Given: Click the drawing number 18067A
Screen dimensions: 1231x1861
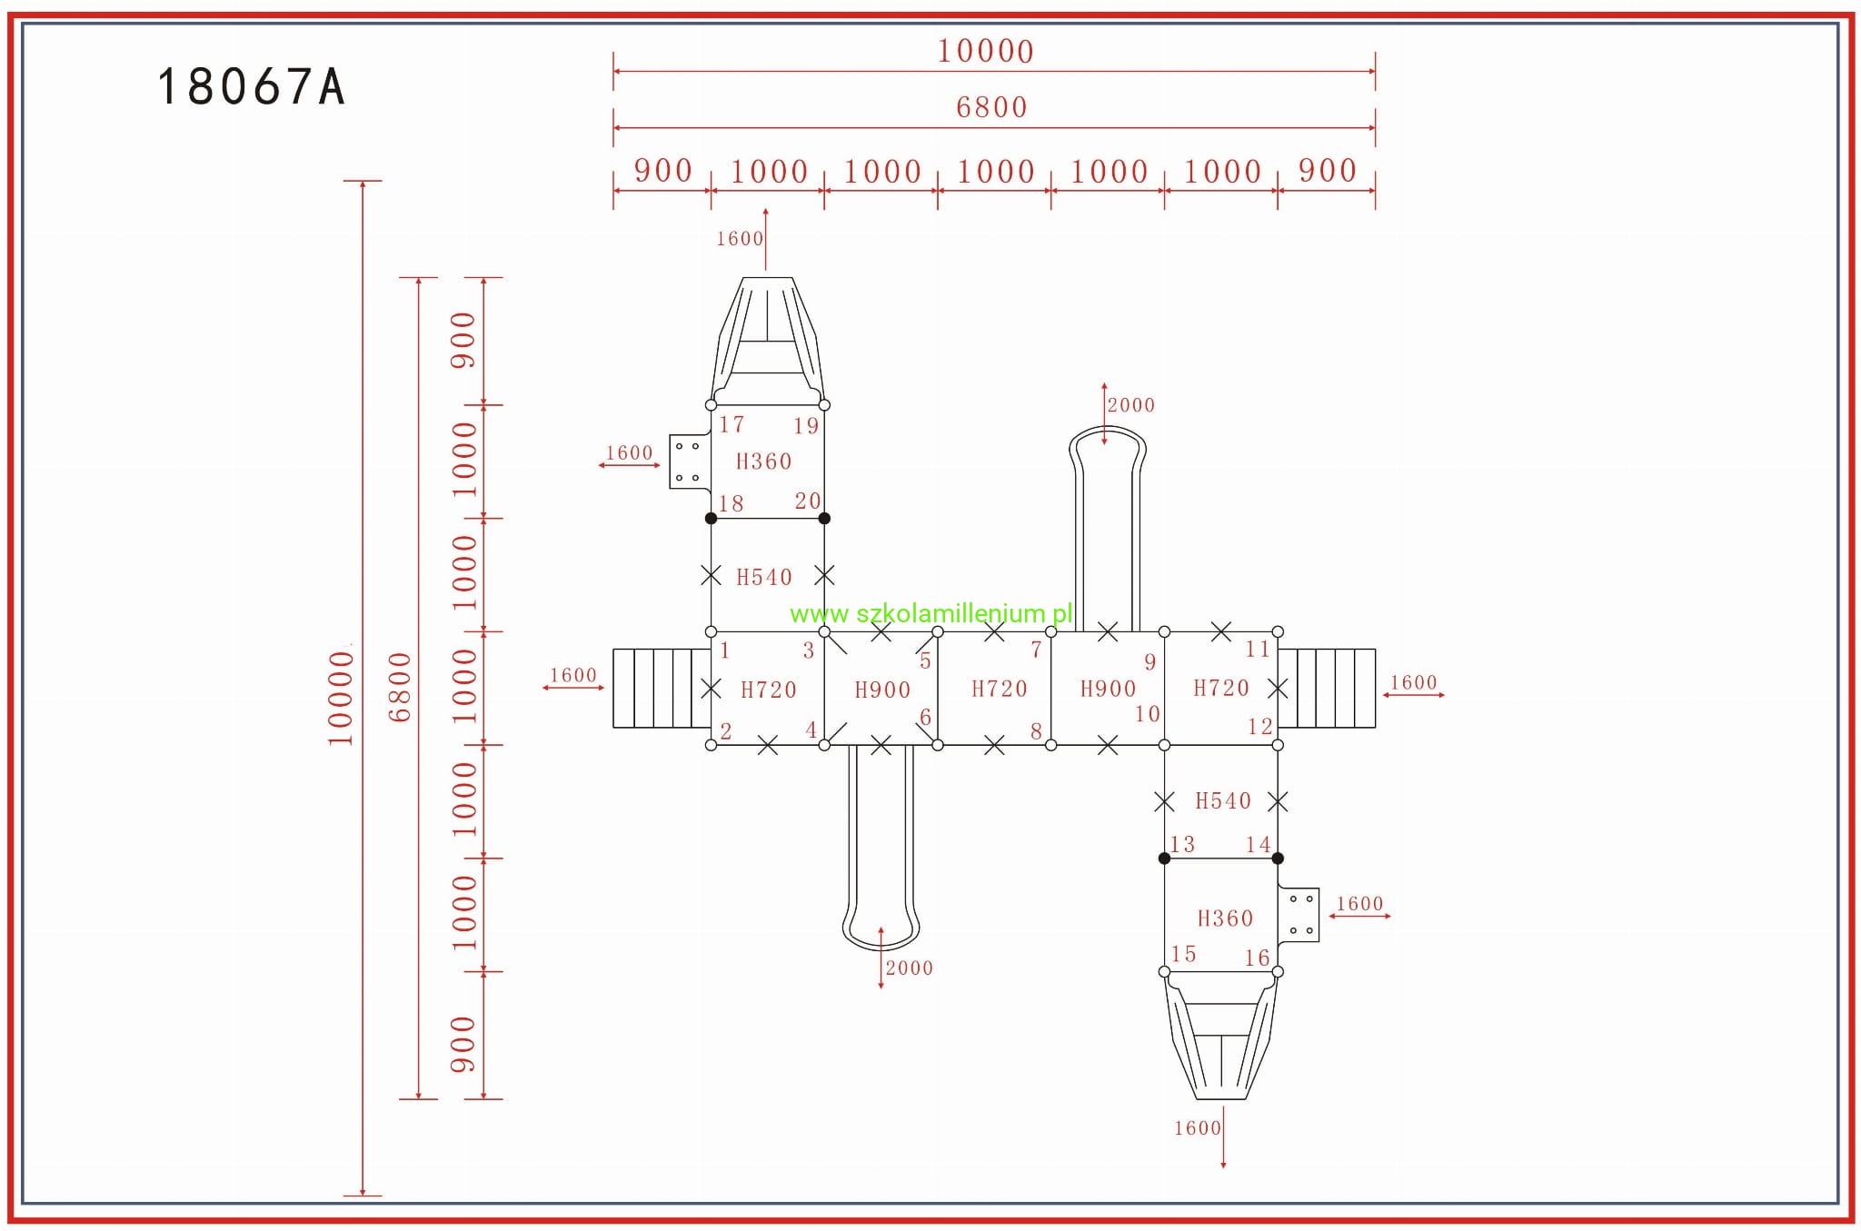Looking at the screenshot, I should [251, 87].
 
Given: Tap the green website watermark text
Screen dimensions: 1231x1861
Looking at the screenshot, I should [930, 614].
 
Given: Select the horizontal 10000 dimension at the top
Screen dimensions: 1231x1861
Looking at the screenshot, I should [985, 51].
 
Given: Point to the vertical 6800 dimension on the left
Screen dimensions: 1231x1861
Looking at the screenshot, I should [400, 687].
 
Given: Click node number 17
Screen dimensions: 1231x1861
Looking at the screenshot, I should [731, 424].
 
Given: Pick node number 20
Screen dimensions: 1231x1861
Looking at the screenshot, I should [807, 501].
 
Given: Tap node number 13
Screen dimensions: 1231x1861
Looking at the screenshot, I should [1181, 844].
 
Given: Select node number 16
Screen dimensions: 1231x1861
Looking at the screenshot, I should [1257, 958].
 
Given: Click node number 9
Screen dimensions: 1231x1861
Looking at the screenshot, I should [1149, 662].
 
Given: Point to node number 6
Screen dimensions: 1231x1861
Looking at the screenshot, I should [925, 717].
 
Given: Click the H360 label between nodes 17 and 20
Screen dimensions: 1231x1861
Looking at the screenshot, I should [763, 462].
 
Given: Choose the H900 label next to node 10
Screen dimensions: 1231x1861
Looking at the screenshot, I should [1108, 689].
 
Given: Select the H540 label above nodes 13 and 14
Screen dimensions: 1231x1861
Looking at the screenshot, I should [1222, 800].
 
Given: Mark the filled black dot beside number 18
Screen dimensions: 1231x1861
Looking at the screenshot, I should [711, 519].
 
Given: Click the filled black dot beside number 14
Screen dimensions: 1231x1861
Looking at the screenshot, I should [1278, 859].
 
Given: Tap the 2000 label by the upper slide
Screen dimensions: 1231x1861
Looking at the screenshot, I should [1130, 405].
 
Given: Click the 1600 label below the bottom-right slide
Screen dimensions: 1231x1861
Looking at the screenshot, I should [1197, 1128].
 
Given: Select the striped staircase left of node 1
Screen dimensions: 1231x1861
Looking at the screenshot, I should [662, 689].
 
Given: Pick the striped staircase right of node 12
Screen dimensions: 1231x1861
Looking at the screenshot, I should [1327, 689].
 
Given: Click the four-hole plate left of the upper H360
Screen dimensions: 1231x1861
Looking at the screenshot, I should [688, 462].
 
